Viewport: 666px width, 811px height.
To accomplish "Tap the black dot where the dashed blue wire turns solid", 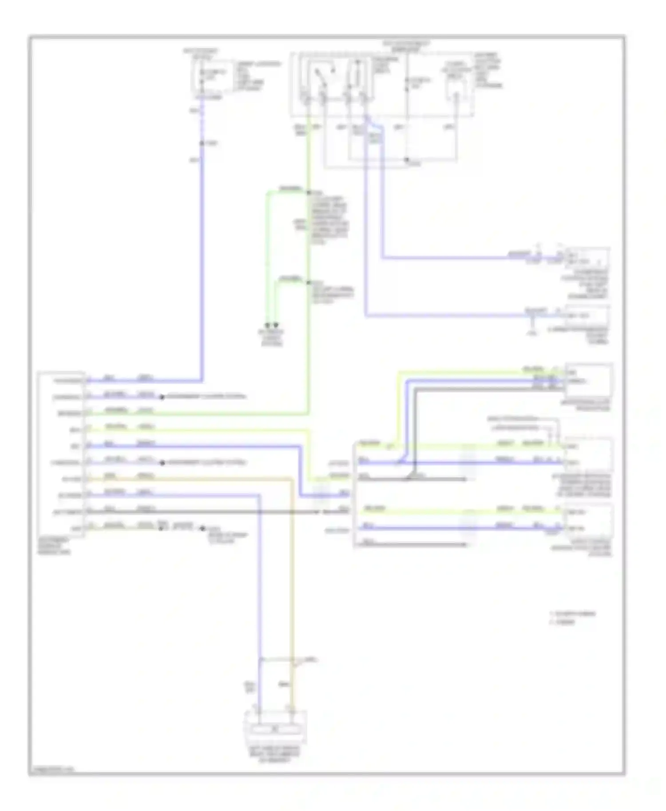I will tap(202, 143).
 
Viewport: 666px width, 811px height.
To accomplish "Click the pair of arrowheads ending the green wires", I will tap(271, 325).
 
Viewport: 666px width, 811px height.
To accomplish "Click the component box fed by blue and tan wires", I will tap(275, 726).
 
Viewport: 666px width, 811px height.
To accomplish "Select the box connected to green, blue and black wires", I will tap(588, 380).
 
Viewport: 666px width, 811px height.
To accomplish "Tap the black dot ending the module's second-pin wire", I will tap(162, 397).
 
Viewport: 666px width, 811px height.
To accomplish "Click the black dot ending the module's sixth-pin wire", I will tap(162, 463).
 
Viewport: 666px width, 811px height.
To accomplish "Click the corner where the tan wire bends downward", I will tap(292, 479).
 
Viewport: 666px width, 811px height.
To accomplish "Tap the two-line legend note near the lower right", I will tap(573, 618).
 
